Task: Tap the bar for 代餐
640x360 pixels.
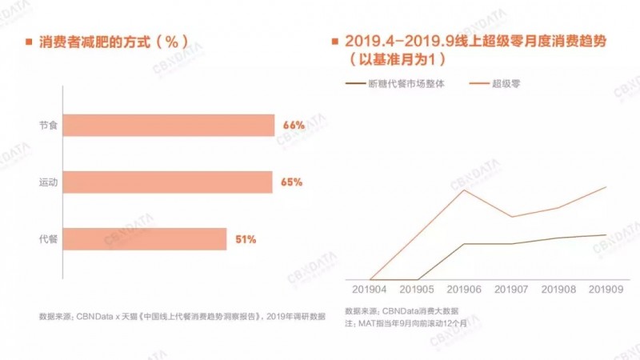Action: [144, 239]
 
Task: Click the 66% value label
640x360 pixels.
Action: [294, 126]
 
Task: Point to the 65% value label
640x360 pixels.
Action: [291, 182]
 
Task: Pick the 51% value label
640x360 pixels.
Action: [246, 239]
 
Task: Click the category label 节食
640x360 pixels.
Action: [48, 126]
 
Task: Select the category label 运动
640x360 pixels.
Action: [48, 182]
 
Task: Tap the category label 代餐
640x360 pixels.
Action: [48, 239]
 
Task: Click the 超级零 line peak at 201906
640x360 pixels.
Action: [464, 190]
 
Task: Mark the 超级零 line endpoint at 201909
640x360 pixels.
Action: [606, 186]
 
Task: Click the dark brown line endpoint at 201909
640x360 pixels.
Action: [606, 234]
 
